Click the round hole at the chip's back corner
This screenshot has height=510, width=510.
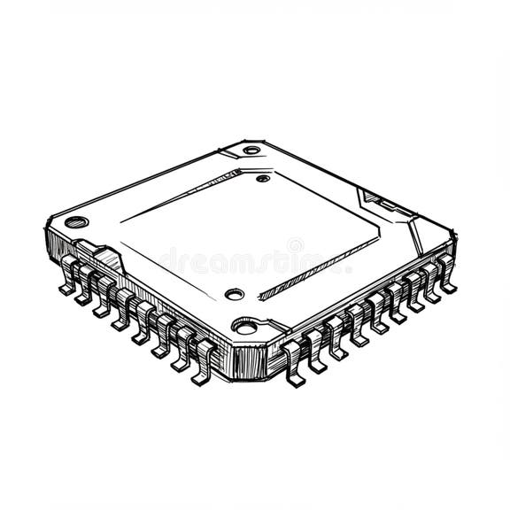point(251,150)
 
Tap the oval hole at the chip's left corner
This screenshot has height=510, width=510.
point(73,221)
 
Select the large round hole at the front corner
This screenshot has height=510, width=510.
point(245,325)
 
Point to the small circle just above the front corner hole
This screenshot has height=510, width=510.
point(234,294)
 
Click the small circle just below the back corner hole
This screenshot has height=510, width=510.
point(262,178)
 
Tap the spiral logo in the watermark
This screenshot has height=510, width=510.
point(295,245)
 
